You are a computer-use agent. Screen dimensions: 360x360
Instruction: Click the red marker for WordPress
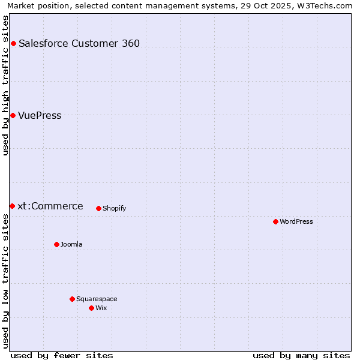(275, 221)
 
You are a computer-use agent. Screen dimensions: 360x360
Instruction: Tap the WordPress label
(296, 221)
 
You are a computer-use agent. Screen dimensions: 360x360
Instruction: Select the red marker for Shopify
(98, 208)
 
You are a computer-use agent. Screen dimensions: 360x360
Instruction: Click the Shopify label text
(114, 208)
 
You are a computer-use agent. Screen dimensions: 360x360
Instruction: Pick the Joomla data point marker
(56, 244)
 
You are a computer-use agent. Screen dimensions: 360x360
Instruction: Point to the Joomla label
(71, 244)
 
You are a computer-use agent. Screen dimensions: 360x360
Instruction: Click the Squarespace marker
(72, 299)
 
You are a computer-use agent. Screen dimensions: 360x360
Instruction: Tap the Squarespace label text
(97, 299)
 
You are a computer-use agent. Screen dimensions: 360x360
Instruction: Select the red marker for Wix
(91, 308)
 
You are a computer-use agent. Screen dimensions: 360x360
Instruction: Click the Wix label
(101, 308)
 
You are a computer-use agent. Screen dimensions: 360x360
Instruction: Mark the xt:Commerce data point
(12, 206)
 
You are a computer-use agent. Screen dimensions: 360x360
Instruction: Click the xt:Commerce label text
(50, 206)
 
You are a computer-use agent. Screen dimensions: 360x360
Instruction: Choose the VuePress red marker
(13, 115)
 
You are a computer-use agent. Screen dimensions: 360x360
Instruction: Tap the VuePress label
(40, 115)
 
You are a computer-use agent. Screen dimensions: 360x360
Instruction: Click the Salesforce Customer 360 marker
(13, 43)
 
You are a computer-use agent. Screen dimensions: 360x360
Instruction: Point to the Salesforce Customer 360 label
(79, 43)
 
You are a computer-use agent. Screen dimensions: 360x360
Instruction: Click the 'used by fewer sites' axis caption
(62, 355)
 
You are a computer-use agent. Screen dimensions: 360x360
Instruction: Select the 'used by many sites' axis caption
(301, 355)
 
